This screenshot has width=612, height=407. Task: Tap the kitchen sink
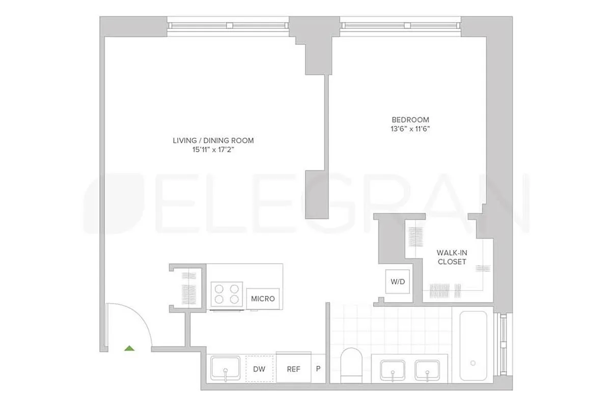tap(226, 367)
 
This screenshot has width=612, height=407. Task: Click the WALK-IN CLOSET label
tap(451, 257)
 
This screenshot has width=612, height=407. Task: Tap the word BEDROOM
tap(407, 120)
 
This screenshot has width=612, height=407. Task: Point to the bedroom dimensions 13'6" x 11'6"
tap(407, 129)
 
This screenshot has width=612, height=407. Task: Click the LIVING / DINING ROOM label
tap(213, 140)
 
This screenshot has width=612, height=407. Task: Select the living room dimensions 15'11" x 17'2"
tap(213, 150)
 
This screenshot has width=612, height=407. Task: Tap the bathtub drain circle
tap(474, 363)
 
